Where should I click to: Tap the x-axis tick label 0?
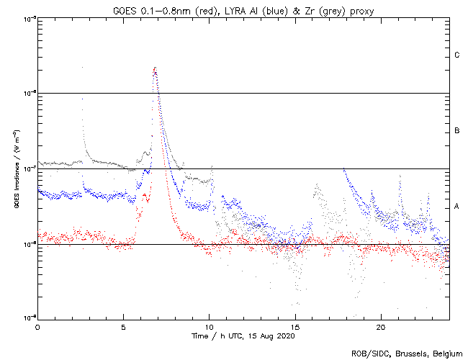(37, 327)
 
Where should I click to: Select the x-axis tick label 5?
(123, 327)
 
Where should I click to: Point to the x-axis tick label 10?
(209, 327)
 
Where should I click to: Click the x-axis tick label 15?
(294, 327)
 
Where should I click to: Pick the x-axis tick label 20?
(380, 327)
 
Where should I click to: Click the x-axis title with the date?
(243, 336)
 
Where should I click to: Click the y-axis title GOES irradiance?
(15, 168)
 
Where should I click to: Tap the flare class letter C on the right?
(457, 55)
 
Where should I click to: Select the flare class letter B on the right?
(457, 131)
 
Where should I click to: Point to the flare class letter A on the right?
(457, 207)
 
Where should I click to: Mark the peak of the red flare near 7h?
(155, 68)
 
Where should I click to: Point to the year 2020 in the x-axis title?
(286, 336)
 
